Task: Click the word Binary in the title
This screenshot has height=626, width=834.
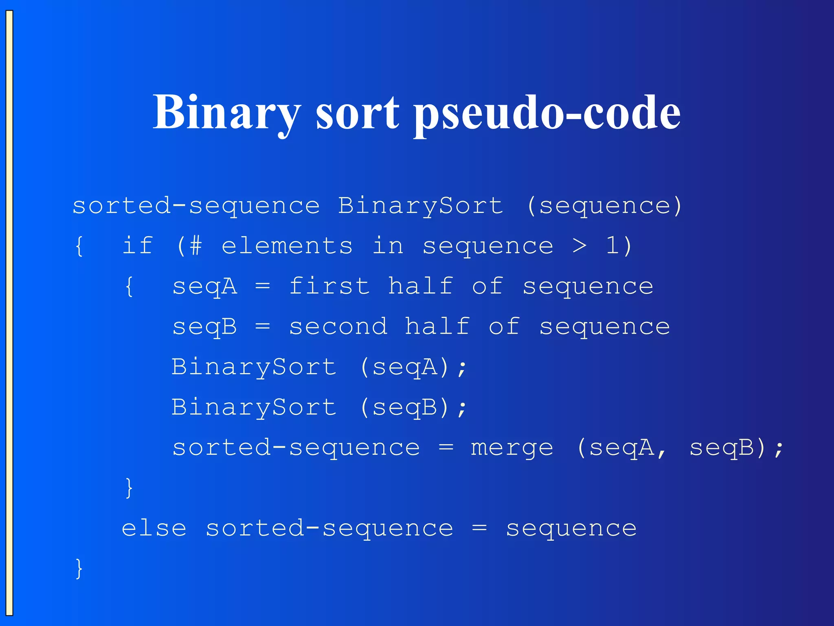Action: [x=226, y=112]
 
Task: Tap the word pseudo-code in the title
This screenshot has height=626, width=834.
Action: [x=547, y=113]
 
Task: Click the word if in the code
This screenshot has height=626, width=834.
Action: [x=138, y=246]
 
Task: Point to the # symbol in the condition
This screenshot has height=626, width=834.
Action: [x=195, y=246]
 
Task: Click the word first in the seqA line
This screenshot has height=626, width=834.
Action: [x=329, y=286]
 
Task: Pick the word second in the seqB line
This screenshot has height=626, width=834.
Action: [x=338, y=327]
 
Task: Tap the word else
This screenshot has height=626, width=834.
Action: [x=154, y=529]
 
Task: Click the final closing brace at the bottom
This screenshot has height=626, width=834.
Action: [x=79, y=569]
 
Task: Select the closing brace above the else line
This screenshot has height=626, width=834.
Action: [x=129, y=488]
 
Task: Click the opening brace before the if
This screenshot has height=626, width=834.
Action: [x=79, y=246]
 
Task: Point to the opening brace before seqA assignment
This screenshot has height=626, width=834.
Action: [x=129, y=287]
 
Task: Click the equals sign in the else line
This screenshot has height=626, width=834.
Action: [x=479, y=529]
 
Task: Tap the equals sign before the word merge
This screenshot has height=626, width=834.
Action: [x=446, y=448]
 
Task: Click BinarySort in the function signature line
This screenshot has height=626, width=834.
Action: [x=420, y=206]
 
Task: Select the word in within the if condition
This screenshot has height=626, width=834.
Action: [x=388, y=246]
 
